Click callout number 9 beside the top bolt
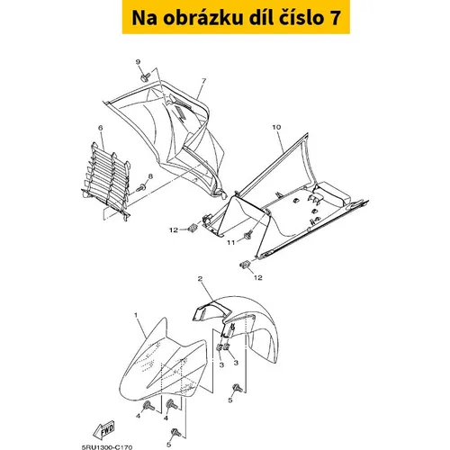[x=138, y=62]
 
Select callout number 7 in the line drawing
[x=203, y=81]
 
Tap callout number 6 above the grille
[x=101, y=128]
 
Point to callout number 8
[x=150, y=176]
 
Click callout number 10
[x=276, y=127]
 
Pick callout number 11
[x=230, y=243]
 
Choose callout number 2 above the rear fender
[x=200, y=279]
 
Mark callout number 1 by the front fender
[x=136, y=315]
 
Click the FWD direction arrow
[x=103, y=428]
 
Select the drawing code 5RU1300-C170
[x=106, y=447]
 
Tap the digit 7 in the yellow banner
[x=336, y=18]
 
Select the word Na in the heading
[x=144, y=18]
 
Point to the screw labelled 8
[x=140, y=188]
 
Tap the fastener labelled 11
[x=248, y=235]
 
